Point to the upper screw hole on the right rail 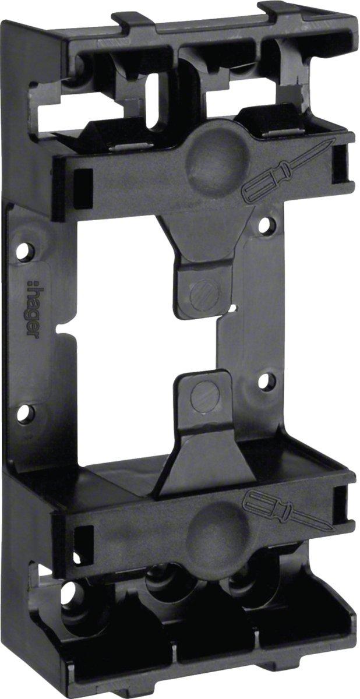tap(265, 225)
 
